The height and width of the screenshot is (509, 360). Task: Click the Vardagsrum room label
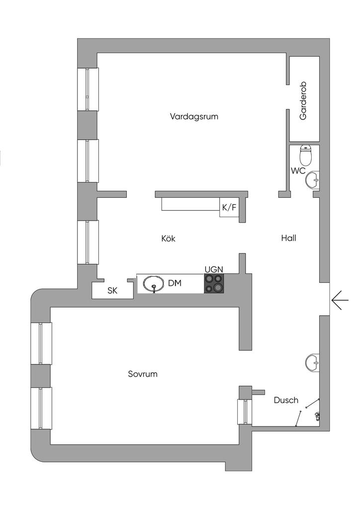point(194,117)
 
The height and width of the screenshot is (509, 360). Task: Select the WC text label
point(298,170)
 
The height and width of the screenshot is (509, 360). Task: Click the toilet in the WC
point(306,155)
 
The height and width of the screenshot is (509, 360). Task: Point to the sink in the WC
point(313,179)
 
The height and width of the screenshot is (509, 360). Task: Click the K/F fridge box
point(229,208)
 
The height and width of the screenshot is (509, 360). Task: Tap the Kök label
point(169,239)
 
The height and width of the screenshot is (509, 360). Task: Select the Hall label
point(288,238)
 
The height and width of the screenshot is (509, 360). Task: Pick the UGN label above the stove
point(214,269)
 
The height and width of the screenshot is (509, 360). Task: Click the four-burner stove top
point(214,283)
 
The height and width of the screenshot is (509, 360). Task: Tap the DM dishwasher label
point(174,283)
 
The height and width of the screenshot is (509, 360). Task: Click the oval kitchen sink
point(153,284)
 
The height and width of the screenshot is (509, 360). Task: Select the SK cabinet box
point(112,291)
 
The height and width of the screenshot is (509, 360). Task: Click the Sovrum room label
point(143,374)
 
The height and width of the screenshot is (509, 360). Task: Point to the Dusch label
point(286,400)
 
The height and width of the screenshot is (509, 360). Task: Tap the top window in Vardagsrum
point(88,89)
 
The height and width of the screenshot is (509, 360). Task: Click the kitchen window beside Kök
point(88,242)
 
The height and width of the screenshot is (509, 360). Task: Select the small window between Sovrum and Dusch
point(244,412)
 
